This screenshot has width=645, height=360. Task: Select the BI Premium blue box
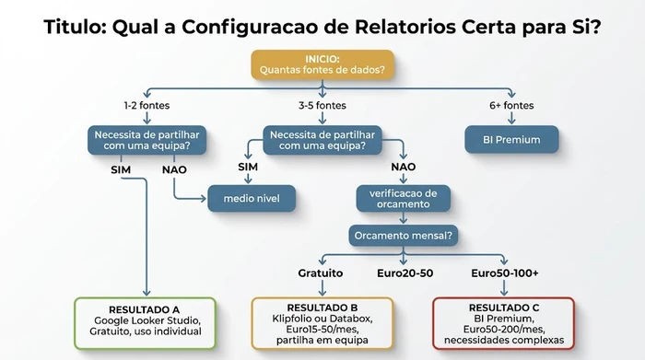coord(511,141)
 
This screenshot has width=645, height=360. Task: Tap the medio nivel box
coord(250,197)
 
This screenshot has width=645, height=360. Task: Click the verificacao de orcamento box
coord(404,198)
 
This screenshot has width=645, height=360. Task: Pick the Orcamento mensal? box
coord(403,235)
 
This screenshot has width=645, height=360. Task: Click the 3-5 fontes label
coord(322,105)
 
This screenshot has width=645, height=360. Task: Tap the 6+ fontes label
coord(511,105)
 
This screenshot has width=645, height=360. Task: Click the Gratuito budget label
coord(321,273)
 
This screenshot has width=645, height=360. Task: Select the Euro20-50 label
coord(405,273)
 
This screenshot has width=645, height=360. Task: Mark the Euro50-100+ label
coord(504,273)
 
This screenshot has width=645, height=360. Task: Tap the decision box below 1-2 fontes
coord(147,140)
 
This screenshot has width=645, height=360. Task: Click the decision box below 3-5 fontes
coord(322,140)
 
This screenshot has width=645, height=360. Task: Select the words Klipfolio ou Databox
coord(322,319)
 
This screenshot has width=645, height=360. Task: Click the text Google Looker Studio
coord(144,319)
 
